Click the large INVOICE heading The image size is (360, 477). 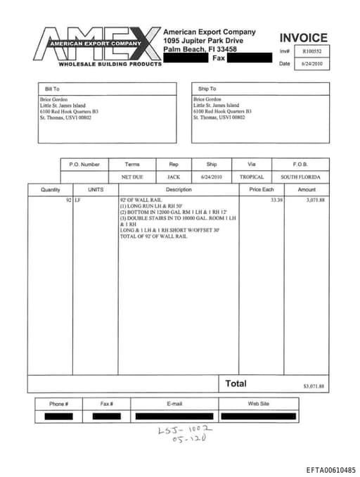click(303, 38)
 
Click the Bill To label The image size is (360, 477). click(52, 89)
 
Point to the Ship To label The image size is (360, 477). click(207, 89)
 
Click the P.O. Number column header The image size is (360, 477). click(84, 164)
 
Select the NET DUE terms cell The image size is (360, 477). click(132, 177)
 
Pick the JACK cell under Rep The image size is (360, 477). click(173, 177)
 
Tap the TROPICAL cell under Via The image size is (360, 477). click(251, 177)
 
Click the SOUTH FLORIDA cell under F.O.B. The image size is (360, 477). click(300, 177)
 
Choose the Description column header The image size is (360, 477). click(179, 190)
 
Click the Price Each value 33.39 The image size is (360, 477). click(277, 201)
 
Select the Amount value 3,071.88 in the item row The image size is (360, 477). click(316, 201)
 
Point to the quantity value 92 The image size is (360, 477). click(68, 201)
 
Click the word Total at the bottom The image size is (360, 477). click(236, 383)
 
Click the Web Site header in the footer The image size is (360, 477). click(259, 404)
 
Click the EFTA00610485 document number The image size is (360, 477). click(330, 470)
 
